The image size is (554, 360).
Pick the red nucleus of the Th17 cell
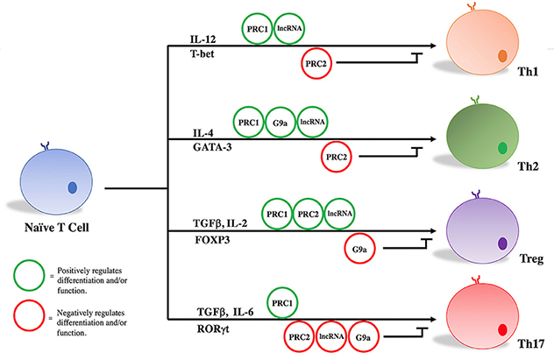[x=502, y=330]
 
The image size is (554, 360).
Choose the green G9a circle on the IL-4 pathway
[x=279, y=123]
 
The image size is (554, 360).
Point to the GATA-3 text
[x=209, y=149]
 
